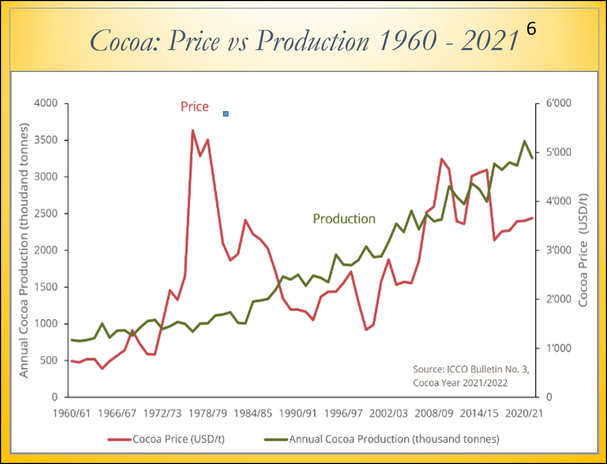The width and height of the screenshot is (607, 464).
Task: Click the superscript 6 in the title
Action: (532, 30)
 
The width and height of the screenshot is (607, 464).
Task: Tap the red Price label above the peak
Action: (195, 107)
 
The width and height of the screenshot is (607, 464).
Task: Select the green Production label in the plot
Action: (344, 219)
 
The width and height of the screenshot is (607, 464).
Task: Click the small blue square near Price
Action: (226, 114)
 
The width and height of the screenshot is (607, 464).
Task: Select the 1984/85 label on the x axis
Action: (251, 413)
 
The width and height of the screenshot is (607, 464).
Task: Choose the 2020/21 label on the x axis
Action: (525, 413)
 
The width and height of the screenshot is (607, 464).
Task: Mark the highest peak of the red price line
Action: (193, 131)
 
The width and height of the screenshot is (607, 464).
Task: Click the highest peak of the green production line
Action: (525, 141)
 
